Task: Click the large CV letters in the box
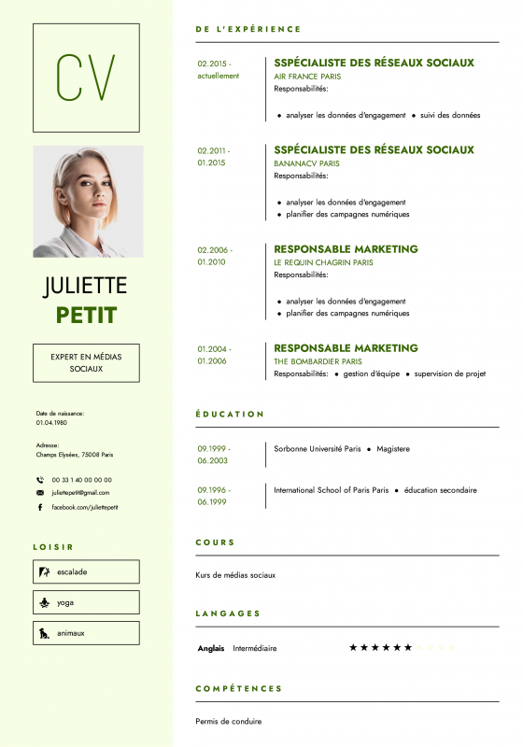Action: coord(86,78)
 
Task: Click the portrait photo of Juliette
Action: coord(88,201)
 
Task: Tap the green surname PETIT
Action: coord(86,315)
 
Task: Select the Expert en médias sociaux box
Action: coord(86,362)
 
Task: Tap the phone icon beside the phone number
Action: coord(40,480)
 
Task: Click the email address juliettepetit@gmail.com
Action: coord(80,492)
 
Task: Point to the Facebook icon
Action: coord(40,507)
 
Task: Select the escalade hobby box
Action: coord(86,571)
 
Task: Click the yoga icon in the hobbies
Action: coord(43,602)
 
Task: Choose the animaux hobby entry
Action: coord(86,633)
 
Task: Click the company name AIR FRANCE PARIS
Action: coord(307,77)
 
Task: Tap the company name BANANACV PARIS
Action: coord(306,163)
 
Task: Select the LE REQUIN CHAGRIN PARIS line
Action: coord(323,262)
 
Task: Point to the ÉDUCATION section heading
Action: coord(230,414)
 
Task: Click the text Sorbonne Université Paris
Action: coord(317,449)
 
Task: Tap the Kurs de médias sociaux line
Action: coord(235,575)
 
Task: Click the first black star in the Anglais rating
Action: coord(353,647)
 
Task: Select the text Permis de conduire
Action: coord(229,721)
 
